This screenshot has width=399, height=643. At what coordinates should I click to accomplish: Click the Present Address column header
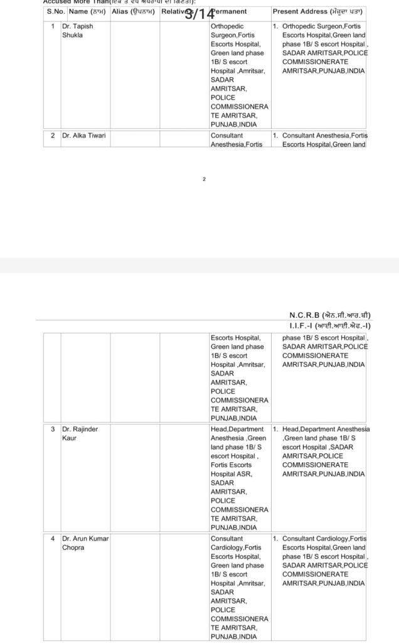[x=317, y=11]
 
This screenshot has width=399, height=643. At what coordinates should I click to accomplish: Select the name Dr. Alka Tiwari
[x=84, y=135]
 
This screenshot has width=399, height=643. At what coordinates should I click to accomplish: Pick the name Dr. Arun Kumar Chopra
[x=84, y=543]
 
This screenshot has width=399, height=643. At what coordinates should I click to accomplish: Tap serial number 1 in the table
[x=53, y=26]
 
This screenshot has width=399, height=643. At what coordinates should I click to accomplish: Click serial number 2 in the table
[x=53, y=135]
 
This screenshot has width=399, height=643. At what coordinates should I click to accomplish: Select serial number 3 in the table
[x=53, y=429]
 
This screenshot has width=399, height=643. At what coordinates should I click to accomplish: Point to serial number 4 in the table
[x=53, y=539]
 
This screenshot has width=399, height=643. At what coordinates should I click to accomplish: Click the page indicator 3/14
[x=199, y=14]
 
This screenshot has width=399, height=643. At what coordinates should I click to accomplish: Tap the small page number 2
[x=204, y=179]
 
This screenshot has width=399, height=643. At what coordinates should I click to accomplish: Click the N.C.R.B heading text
[x=330, y=314]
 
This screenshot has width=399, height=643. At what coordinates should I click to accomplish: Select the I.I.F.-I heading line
[x=330, y=326]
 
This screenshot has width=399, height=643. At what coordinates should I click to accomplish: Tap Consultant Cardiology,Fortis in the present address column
[x=324, y=539]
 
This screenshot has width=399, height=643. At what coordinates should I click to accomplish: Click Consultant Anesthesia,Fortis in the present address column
[x=324, y=135]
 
